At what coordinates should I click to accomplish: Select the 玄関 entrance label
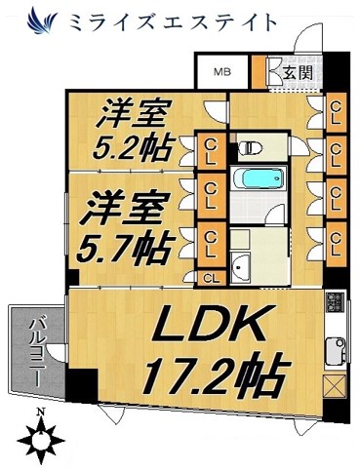click(298, 72)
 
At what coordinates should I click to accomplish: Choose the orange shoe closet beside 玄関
click(260, 71)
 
